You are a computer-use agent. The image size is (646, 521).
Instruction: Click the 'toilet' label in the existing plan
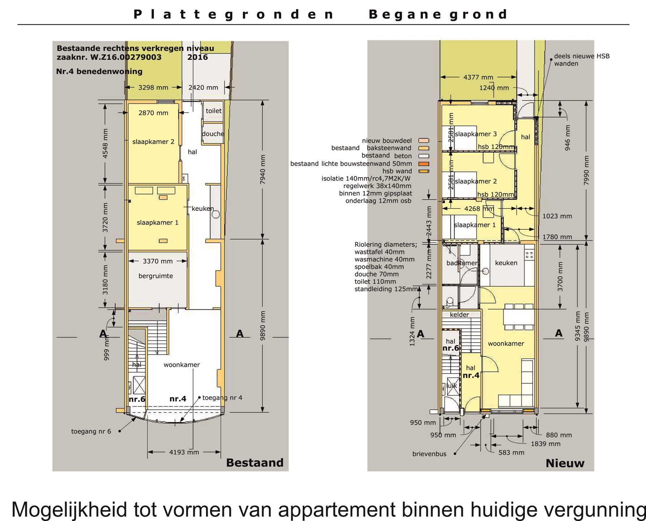214,111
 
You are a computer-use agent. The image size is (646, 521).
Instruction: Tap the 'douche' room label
213,134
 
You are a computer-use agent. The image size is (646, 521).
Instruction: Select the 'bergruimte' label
156,276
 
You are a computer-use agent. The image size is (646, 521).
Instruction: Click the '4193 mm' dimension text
184,452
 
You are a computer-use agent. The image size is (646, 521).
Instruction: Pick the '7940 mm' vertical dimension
263,169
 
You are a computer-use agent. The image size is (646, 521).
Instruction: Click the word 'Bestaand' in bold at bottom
255,463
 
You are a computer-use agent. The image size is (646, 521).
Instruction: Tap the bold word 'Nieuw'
565,463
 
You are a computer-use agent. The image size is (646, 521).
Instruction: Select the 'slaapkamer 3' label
476,134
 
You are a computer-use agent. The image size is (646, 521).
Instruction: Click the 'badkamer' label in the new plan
462,263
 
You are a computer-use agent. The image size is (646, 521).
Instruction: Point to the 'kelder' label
460,315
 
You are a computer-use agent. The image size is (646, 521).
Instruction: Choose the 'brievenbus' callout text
430,454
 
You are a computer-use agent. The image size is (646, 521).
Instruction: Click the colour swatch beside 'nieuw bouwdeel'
423,140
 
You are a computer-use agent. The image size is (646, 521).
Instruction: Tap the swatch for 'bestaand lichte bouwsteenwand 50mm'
423,164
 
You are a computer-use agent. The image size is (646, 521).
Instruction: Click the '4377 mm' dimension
478,77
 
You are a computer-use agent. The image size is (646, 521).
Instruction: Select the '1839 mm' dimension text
546,444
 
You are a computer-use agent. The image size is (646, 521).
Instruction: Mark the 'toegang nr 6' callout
91,431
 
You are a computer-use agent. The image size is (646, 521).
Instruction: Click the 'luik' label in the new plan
452,386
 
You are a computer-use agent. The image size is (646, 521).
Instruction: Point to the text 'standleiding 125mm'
386,289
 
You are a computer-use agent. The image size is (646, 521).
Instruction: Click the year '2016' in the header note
198,57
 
